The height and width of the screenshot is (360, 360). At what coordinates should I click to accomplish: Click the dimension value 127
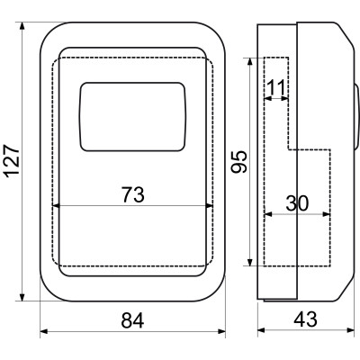click(x=13, y=161)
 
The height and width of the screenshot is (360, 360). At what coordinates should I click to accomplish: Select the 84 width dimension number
click(x=132, y=320)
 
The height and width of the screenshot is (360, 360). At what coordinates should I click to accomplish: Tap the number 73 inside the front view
click(x=132, y=194)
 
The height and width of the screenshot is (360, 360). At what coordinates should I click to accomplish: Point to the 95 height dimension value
click(x=239, y=161)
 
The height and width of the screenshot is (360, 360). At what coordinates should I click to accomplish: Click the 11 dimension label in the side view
click(x=275, y=87)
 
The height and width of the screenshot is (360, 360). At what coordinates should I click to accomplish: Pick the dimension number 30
click(x=297, y=203)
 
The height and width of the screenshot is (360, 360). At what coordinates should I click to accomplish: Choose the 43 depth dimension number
click(x=305, y=319)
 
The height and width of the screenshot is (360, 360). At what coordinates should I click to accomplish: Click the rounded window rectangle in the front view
click(x=132, y=117)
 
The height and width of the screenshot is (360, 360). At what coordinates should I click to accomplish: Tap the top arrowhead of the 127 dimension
click(x=22, y=26)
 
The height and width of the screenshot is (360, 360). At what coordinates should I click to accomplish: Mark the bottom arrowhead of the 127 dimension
click(x=22, y=297)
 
